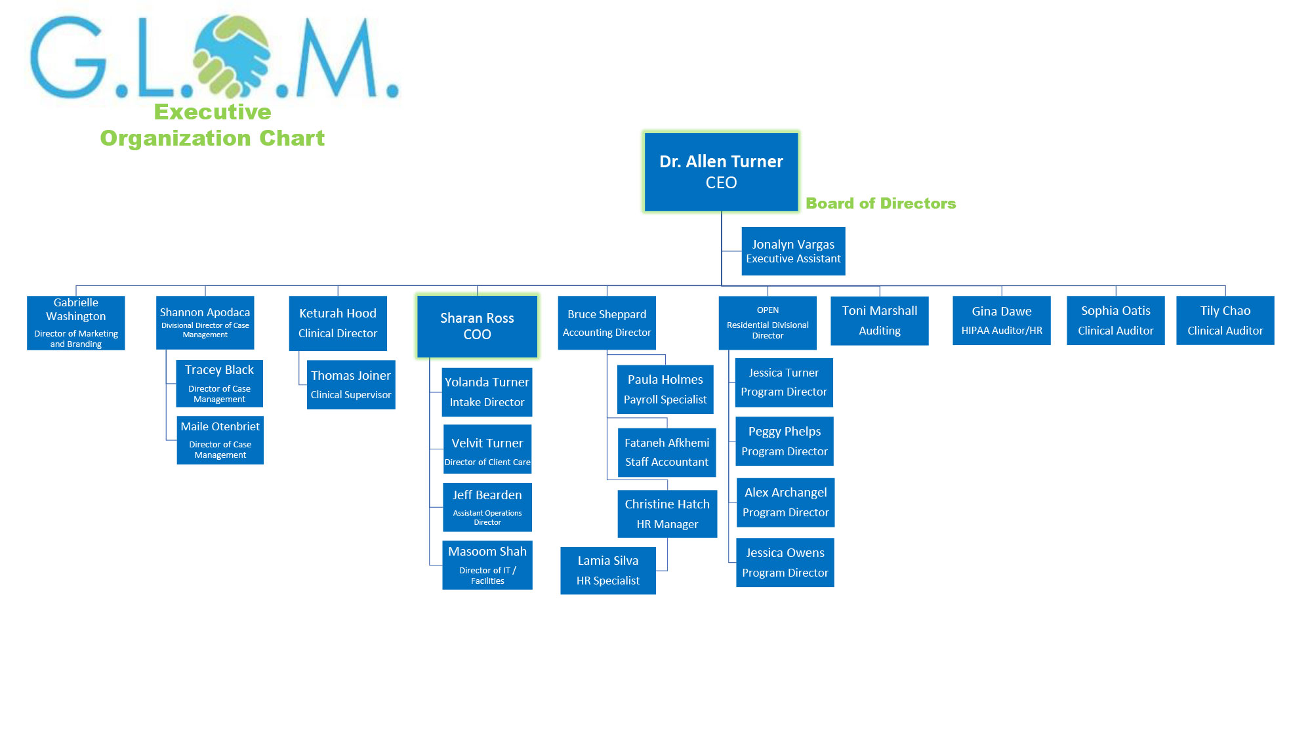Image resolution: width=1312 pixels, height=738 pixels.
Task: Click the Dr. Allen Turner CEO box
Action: click(x=721, y=172)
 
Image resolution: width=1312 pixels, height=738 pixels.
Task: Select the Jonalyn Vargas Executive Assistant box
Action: click(x=793, y=251)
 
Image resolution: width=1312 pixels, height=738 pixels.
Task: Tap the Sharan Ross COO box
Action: click(x=477, y=326)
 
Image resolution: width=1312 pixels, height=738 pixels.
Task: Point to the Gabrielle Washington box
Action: click(x=76, y=323)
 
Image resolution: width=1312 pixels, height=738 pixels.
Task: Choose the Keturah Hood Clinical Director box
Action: click(x=338, y=323)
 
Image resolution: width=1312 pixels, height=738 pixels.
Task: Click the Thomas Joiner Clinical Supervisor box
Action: click(x=351, y=384)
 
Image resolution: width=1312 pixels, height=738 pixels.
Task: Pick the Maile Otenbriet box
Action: click(x=220, y=440)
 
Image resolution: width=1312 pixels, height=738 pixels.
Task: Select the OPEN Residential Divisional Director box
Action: click(x=768, y=323)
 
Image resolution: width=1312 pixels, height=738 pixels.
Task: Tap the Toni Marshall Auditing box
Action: click(x=880, y=320)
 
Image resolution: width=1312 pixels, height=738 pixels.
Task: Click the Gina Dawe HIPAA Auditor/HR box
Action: click(x=1002, y=320)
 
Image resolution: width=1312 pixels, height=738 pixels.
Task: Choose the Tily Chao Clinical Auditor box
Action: click(x=1225, y=320)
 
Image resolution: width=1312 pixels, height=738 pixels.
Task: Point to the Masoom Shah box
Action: click(x=487, y=565)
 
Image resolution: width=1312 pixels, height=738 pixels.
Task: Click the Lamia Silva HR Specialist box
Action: click(x=608, y=571)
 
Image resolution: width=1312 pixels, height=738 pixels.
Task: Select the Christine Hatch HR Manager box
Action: click(x=667, y=514)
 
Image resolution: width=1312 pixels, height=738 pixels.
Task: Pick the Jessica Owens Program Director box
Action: click(x=785, y=562)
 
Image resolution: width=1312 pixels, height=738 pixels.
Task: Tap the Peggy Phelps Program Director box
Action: click(x=785, y=441)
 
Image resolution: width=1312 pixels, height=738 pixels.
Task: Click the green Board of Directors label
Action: click(x=881, y=203)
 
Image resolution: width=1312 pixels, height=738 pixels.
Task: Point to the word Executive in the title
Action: click(x=213, y=112)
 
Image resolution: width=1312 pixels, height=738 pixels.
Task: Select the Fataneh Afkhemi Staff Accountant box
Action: click(x=667, y=453)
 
